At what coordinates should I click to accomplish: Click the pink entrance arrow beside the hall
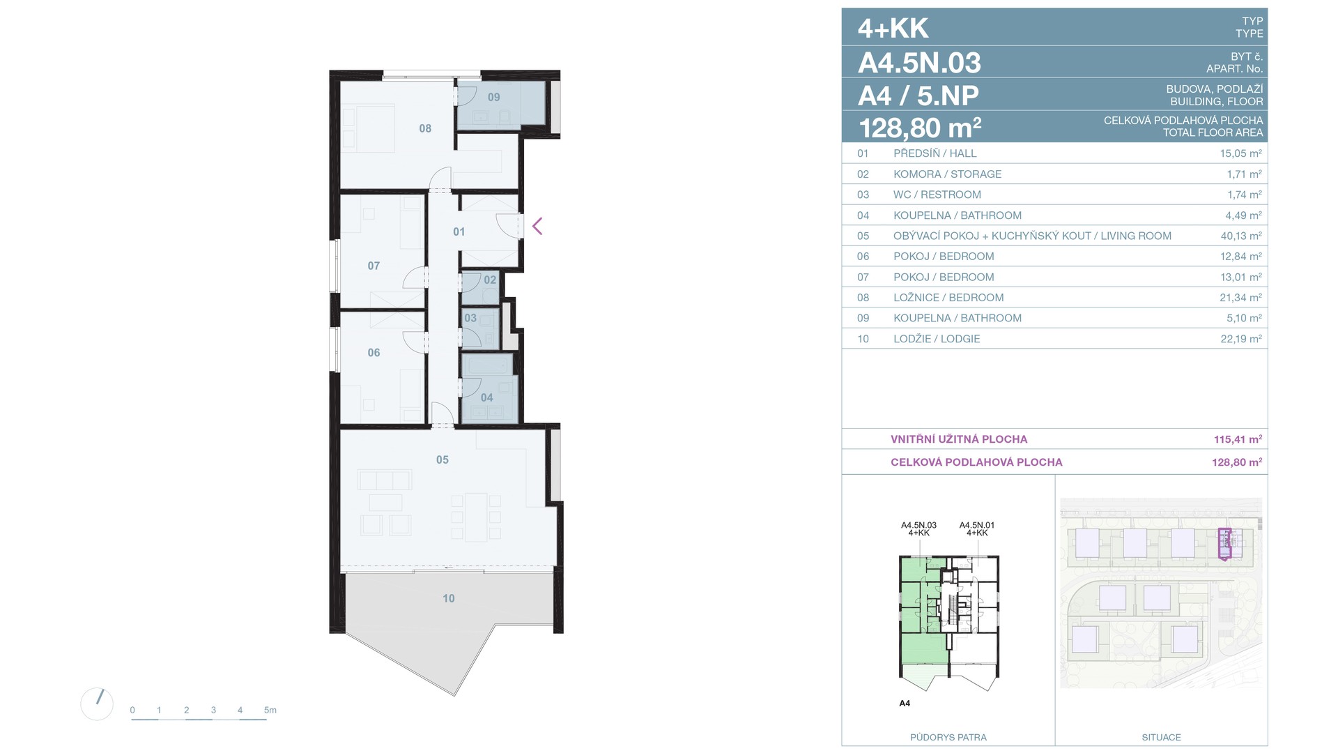point(537,226)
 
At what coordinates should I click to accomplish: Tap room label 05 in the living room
point(443,459)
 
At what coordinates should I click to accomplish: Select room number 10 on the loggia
point(448,598)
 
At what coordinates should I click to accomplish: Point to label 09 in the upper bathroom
point(493,97)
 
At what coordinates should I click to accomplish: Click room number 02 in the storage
point(490,280)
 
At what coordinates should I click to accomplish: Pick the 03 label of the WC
point(470,318)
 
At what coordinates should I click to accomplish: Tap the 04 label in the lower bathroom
point(486,397)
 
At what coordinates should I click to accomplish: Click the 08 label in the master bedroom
point(425,128)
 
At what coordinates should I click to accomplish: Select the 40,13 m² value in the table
point(1241,236)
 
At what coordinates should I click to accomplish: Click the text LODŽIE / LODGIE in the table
point(937,339)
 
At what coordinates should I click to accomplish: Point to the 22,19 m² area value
point(1241,339)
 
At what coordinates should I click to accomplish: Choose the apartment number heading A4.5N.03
point(919,63)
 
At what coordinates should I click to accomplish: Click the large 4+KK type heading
point(893,29)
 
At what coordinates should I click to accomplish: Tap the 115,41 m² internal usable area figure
point(1238,439)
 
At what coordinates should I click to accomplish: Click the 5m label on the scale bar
point(270,710)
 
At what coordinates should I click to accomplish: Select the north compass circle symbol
point(97,703)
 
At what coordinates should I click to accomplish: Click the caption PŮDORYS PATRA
point(948,737)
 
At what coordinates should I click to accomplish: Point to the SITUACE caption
point(1161,737)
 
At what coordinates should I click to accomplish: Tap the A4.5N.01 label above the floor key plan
point(977,525)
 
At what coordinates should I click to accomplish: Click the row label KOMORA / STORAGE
point(947,174)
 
